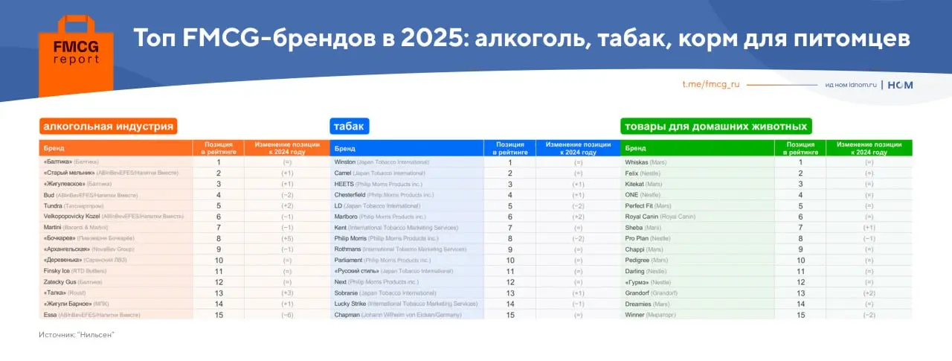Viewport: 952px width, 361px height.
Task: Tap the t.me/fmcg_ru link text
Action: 711,85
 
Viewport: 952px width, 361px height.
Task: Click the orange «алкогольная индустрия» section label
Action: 109,127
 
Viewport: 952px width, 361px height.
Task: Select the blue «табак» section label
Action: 349,127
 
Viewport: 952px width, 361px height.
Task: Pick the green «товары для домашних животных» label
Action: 715,127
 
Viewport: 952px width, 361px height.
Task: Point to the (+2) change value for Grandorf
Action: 869,293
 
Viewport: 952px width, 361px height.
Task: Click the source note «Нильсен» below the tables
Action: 77,335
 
